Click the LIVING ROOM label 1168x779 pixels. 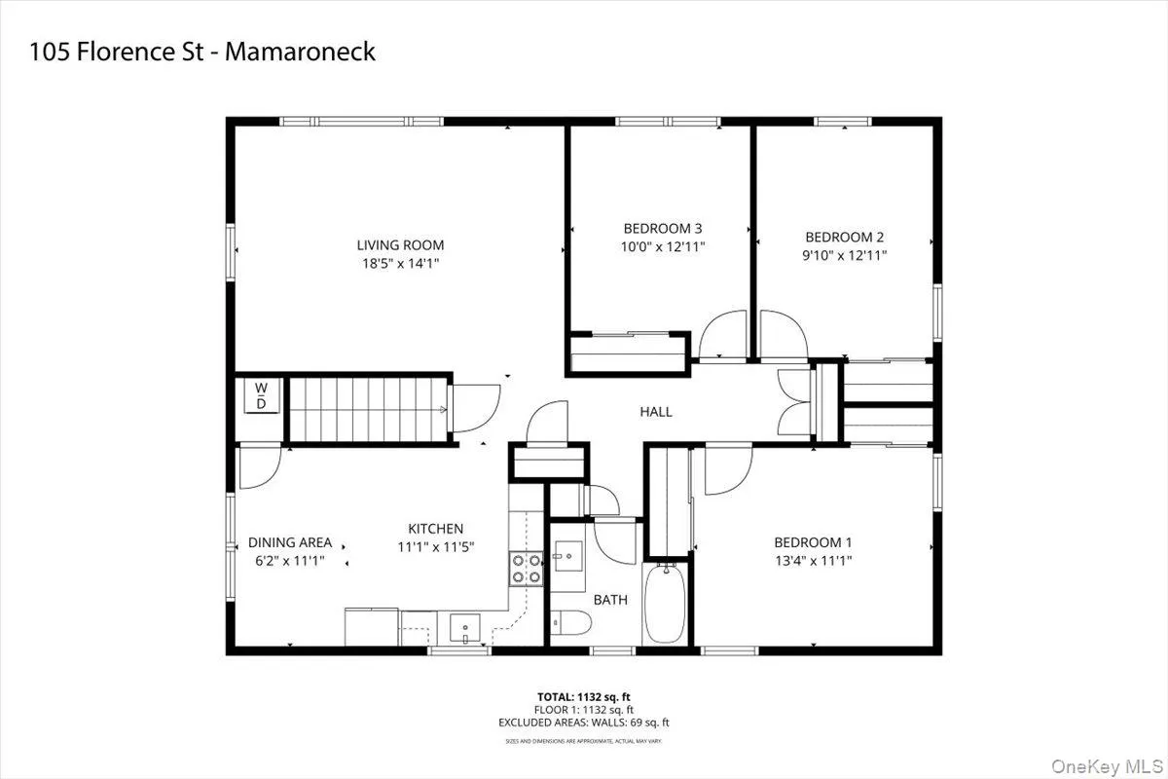tap(400, 245)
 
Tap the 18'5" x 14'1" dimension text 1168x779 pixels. tap(400, 263)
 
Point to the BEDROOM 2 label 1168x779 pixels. tap(844, 237)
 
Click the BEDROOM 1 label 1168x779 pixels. tap(813, 542)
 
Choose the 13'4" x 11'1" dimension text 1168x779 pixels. tap(813, 560)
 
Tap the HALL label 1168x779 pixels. tap(655, 412)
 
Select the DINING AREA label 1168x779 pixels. tap(290, 542)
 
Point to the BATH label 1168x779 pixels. tap(610, 600)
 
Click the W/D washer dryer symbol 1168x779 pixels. tap(261, 395)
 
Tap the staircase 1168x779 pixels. tap(367, 409)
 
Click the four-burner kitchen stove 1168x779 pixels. tap(526, 568)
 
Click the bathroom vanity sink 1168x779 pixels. tap(567, 557)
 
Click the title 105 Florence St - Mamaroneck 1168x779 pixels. tap(201, 52)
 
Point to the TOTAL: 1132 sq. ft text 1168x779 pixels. tap(583, 697)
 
